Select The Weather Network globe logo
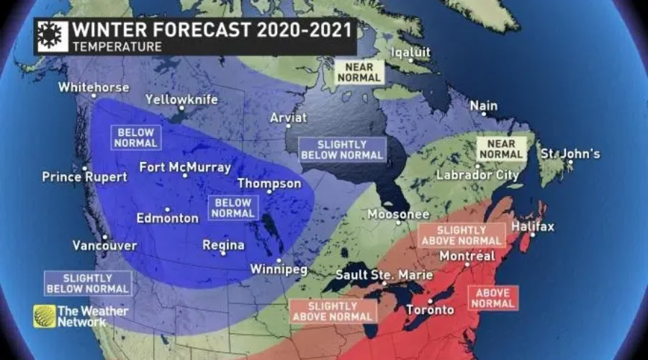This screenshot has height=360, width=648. pyautogui.click(x=44, y=315)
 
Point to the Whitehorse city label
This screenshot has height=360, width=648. pyautogui.click(x=94, y=87)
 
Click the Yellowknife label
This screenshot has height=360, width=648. pyautogui.click(x=181, y=99)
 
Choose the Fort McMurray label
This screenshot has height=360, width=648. pyautogui.click(x=185, y=167)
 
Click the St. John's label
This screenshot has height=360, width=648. pyautogui.click(x=571, y=153)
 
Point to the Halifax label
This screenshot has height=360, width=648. pyautogui.click(x=533, y=226)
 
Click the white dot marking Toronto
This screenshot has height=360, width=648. pyautogui.click(x=430, y=301)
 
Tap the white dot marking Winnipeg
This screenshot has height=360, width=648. pyautogui.click(x=278, y=260)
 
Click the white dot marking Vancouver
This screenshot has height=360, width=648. pyautogui.click(x=105, y=236)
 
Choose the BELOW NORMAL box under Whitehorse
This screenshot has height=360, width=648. pyautogui.click(x=135, y=137)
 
